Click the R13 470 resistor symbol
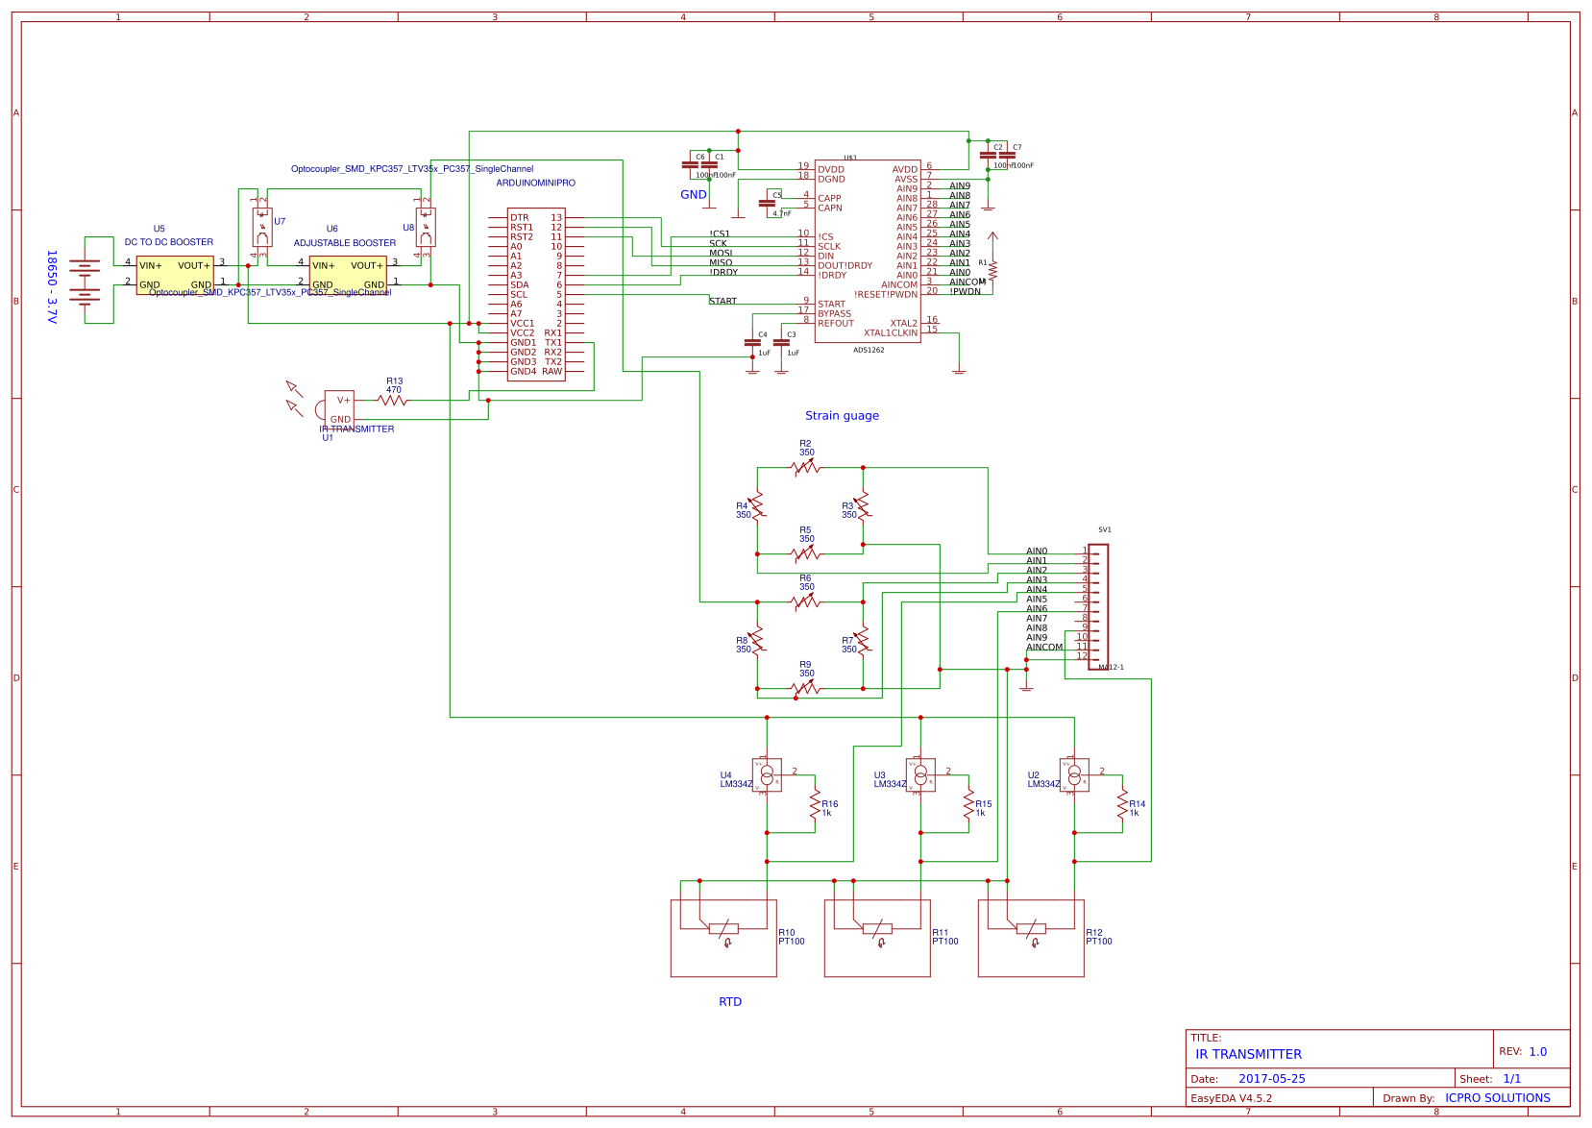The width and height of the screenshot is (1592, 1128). click(x=393, y=400)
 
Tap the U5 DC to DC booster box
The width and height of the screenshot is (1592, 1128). click(x=175, y=275)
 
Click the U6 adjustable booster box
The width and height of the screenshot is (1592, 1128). click(x=348, y=275)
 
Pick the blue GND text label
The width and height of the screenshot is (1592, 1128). click(x=693, y=195)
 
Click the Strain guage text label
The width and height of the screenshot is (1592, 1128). click(x=842, y=416)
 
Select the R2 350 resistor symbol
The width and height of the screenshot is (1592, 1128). click(x=806, y=467)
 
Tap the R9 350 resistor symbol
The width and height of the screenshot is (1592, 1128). click(x=806, y=688)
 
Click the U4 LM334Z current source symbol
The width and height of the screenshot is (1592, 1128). click(x=767, y=774)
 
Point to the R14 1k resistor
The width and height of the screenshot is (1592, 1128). click(x=1122, y=805)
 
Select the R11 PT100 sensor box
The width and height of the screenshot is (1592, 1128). click(x=877, y=938)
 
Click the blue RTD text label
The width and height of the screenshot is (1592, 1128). click(x=730, y=1002)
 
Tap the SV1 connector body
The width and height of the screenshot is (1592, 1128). click(x=1099, y=606)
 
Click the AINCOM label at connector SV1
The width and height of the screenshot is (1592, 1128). click(x=1044, y=648)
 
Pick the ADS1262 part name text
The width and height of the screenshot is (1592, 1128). click(x=869, y=351)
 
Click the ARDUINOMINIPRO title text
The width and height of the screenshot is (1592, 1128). click(x=535, y=183)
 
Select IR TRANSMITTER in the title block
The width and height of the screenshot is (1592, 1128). click(x=1248, y=1055)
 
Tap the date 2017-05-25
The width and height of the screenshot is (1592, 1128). click(x=1271, y=1079)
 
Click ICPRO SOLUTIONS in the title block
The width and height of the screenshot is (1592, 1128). click(x=1497, y=1098)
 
